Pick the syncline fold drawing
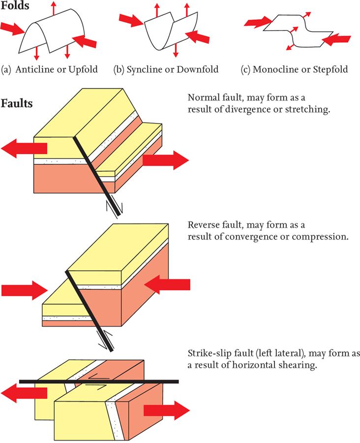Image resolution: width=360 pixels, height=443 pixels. pos(170,32)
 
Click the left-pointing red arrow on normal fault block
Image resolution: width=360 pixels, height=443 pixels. pos(25,148)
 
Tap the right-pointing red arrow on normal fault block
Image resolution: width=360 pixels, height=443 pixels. pos(166,160)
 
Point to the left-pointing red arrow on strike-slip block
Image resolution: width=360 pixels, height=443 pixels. pos(25,393)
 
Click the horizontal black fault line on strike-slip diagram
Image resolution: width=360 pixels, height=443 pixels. pos(98,381)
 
